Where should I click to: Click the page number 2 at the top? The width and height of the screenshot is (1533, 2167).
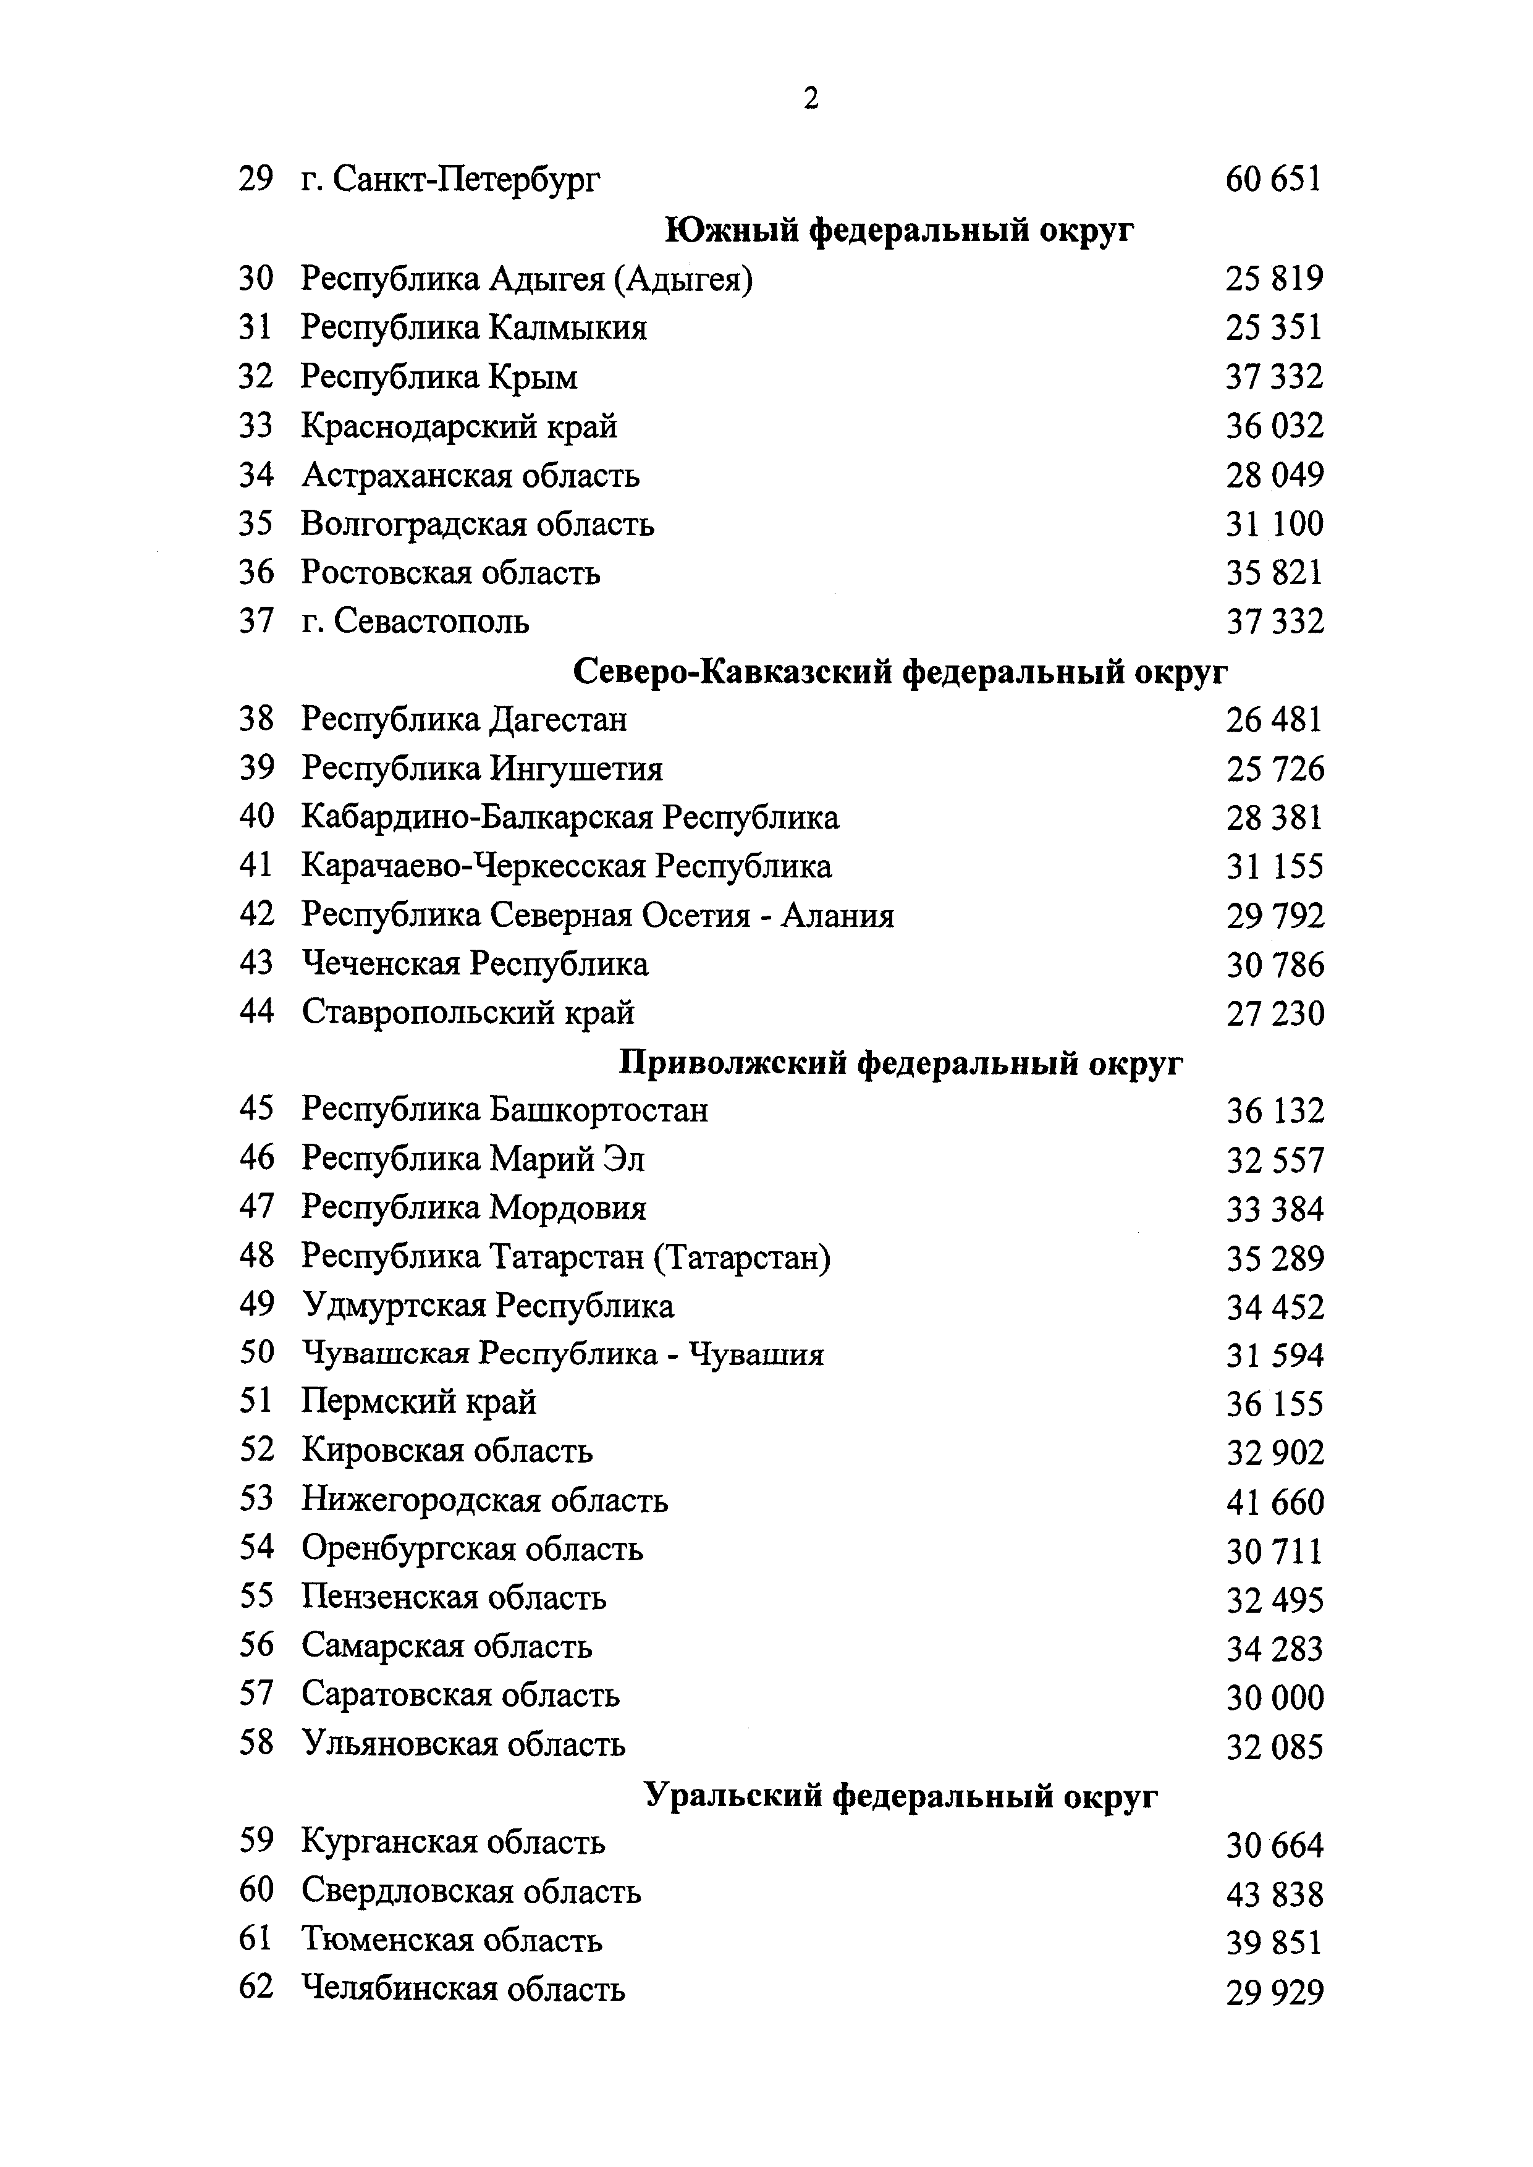click(x=811, y=99)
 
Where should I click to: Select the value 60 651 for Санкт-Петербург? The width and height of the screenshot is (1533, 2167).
click(x=1273, y=179)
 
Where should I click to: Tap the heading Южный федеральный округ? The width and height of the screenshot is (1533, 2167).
click(x=900, y=229)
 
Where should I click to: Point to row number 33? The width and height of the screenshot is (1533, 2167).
click(x=256, y=426)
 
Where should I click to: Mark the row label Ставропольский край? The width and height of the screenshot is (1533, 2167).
click(x=468, y=1013)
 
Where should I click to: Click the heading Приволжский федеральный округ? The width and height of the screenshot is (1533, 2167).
click(x=900, y=1063)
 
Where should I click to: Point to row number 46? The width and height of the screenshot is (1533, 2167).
click(x=256, y=1158)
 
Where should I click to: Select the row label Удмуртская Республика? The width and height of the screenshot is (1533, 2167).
click(x=488, y=1306)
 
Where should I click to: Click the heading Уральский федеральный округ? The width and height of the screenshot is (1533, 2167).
click(x=900, y=1795)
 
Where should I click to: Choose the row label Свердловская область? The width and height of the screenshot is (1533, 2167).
click(x=471, y=1891)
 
